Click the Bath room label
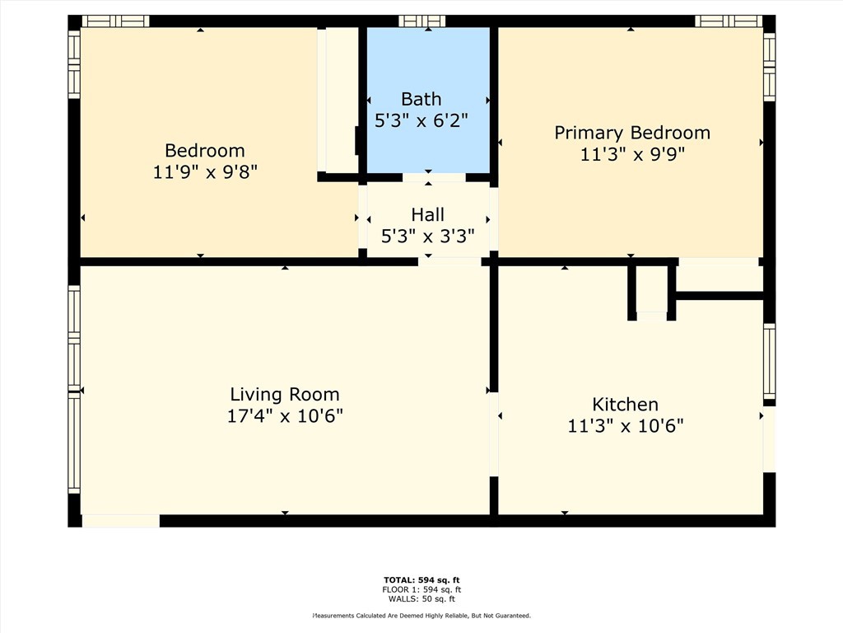pyautogui.click(x=421, y=99)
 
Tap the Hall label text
pyautogui.click(x=427, y=215)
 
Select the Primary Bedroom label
pyautogui.click(x=631, y=133)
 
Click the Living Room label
pyautogui.click(x=284, y=394)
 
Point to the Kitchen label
pyautogui.click(x=625, y=404)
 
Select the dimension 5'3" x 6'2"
pyautogui.click(x=421, y=120)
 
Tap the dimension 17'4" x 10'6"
pyautogui.click(x=284, y=415)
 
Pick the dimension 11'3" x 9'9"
pyautogui.click(x=631, y=154)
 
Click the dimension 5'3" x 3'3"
pyautogui.click(x=427, y=237)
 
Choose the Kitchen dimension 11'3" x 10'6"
pyautogui.click(x=625, y=426)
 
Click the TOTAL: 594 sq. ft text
pyautogui.click(x=421, y=580)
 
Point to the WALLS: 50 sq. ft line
pyautogui.click(x=421, y=598)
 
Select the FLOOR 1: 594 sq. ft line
pyautogui.click(x=421, y=589)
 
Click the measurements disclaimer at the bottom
pyautogui.click(x=421, y=616)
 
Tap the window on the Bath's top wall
pyautogui.click(x=421, y=21)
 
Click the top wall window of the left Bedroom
pyautogui.click(x=115, y=21)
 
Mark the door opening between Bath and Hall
pyautogui.click(x=434, y=177)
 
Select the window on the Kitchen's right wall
pyautogui.click(x=769, y=361)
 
